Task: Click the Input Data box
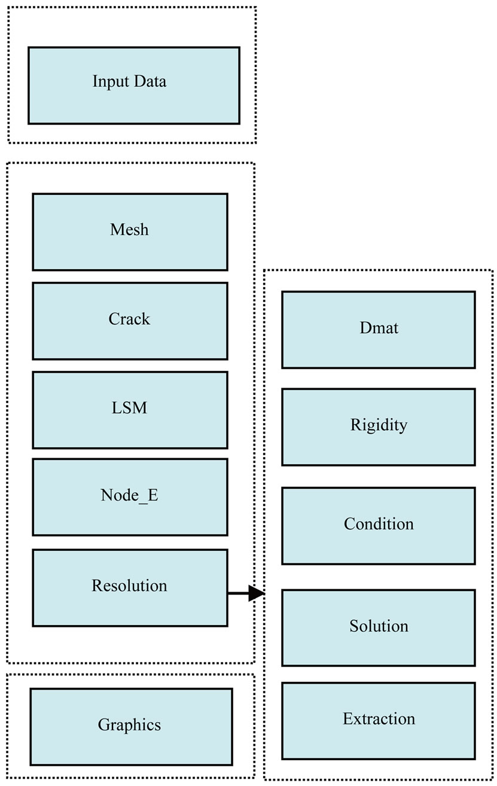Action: point(134,86)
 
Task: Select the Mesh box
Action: point(130,231)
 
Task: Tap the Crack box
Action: point(130,321)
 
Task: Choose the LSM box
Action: point(130,410)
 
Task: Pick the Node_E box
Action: point(130,497)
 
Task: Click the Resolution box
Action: point(130,587)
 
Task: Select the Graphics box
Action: point(131,726)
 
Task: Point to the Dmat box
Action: point(378,330)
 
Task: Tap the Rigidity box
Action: point(378,427)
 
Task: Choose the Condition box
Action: point(378,525)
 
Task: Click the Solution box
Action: point(378,627)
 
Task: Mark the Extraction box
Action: point(378,720)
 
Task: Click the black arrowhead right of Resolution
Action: point(257,593)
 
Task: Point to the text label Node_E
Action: point(130,496)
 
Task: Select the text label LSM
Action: point(130,409)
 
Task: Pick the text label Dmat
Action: point(379,328)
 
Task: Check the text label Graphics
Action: point(130,725)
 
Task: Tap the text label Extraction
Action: point(379,718)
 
